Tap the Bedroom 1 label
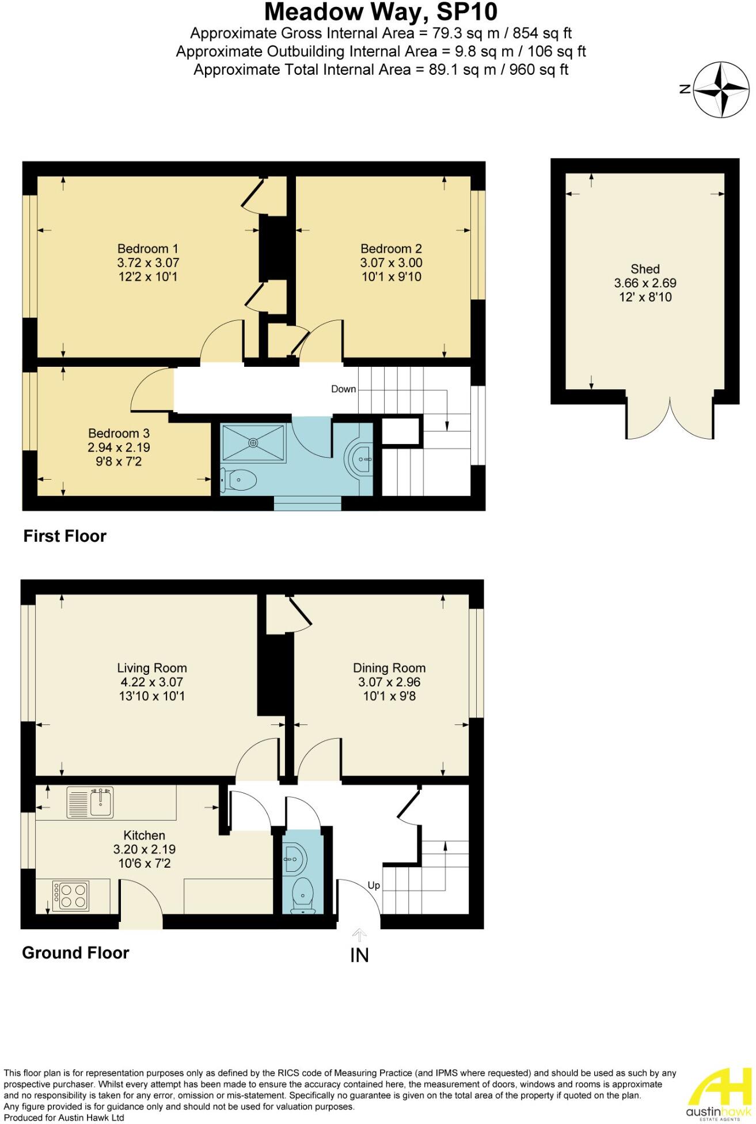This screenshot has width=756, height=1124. (148, 249)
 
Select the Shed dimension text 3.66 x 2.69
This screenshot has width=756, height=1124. (645, 283)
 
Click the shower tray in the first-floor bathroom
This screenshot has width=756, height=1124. (253, 443)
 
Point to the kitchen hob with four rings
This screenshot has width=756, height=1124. (71, 897)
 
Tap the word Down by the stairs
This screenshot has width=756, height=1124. (343, 389)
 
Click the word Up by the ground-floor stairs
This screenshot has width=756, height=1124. (374, 886)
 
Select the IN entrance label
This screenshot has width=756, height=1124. (359, 955)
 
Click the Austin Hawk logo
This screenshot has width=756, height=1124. (720, 1093)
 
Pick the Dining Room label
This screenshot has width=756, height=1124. (389, 668)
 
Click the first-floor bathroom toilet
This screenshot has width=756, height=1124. (240, 479)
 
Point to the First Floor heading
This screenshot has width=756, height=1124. (64, 536)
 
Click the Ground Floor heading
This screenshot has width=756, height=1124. (75, 953)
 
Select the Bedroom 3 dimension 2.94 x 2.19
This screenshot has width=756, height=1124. (119, 447)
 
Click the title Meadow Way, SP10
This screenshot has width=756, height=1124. (381, 12)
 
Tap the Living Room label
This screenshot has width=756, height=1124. (152, 668)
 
